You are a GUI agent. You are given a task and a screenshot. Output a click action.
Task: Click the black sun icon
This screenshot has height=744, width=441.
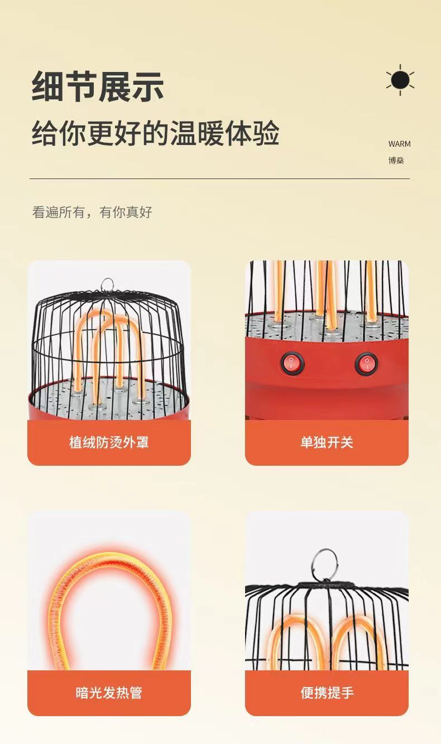coord(400,80)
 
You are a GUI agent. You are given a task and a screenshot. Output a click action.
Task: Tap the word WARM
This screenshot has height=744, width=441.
coord(399,144)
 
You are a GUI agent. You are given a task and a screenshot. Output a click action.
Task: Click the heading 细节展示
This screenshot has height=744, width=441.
coord(98,86)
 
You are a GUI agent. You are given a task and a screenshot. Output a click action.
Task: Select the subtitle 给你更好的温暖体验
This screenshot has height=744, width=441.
coord(155,134)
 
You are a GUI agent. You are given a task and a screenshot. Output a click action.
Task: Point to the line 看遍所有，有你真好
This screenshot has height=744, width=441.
coord(92,212)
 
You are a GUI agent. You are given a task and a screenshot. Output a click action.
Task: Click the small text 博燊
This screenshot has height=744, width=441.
coord(396,161)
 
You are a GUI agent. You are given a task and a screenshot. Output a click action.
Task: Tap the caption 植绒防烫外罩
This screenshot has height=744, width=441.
coord(109,442)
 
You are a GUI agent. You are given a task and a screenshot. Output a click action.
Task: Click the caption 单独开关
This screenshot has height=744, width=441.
coord(327,442)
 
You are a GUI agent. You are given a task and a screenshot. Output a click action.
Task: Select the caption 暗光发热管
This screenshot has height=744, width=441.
coord(109,693)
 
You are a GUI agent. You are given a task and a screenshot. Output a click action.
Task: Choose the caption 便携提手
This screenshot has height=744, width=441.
coord(327,693)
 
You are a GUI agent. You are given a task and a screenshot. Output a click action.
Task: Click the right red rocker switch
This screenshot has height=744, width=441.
coord(367,364)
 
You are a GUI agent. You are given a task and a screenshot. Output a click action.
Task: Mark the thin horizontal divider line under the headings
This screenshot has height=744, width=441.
coord(219,179)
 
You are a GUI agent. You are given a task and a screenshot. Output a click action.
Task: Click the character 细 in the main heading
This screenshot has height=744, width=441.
coord(47,86)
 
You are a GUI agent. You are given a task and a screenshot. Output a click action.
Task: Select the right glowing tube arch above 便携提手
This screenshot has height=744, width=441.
coord(357,636)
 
